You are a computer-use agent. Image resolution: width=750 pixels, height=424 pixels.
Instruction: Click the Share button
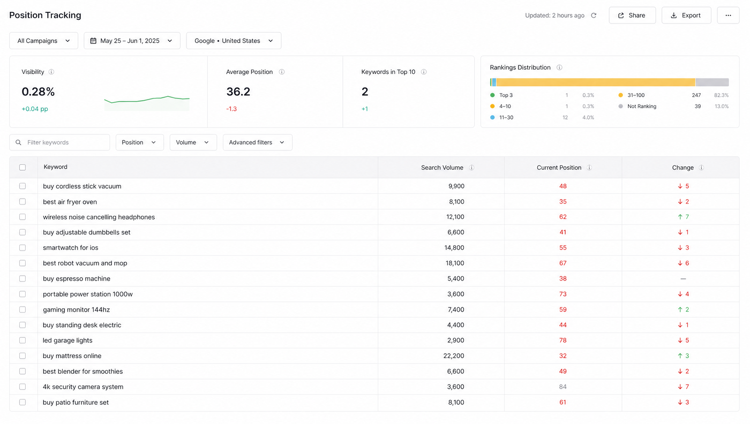tap(632, 16)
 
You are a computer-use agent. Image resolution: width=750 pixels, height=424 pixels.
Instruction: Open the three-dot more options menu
tap(728, 16)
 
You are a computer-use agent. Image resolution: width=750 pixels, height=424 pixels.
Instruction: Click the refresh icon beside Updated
tap(594, 16)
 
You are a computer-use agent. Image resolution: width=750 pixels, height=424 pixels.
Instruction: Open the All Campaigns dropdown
tap(43, 41)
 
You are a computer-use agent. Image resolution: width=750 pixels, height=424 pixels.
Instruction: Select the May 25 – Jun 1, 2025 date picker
tap(132, 41)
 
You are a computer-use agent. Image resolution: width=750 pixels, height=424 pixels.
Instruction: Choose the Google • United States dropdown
tap(234, 41)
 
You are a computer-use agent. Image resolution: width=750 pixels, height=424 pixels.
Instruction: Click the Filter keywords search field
tap(59, 142)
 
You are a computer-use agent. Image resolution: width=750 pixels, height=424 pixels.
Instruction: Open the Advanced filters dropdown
tap(258, 142)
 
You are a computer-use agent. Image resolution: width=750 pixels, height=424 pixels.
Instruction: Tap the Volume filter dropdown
tap(193, 142)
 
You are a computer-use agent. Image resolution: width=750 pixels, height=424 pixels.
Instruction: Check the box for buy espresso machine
tap(22, 279)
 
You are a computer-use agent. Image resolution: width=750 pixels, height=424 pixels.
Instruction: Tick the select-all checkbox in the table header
tap(22, 168)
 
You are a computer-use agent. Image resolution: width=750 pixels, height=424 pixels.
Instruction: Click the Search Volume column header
tap(442, 168)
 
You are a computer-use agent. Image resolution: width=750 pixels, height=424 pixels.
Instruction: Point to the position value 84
tap(562, 387)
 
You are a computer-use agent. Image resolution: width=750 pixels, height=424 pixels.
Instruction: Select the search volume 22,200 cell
tap(454, 355)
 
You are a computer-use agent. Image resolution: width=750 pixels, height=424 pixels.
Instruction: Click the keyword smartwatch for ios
tap(71, 248)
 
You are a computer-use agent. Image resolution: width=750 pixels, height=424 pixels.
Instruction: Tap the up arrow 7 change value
tap(683, 217)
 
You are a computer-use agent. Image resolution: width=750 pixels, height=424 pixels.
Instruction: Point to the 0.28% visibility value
tap(38, 92)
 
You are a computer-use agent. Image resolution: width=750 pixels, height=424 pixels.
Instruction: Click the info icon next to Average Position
tap(282, 72)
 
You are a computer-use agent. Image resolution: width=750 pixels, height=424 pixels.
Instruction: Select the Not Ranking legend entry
tap(638, 107)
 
